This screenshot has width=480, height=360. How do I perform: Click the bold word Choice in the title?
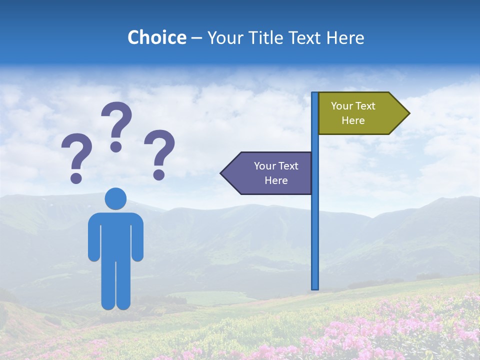click(x=156, y=37)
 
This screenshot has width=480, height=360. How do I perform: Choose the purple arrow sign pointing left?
click(x=270, y=173)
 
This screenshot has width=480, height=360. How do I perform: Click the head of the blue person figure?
click(x=115, y=198)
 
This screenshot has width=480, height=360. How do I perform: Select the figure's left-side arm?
click(x=93, y=237)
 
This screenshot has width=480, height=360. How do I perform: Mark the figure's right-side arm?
click(x=138, y=237)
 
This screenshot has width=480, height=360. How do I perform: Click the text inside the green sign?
click(x=353, y=113)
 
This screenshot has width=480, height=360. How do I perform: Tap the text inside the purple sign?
click(x=276, y=173)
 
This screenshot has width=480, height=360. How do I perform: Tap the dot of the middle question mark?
click(x=116, y=146)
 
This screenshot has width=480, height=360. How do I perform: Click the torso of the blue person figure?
click(x=115, y=235)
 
